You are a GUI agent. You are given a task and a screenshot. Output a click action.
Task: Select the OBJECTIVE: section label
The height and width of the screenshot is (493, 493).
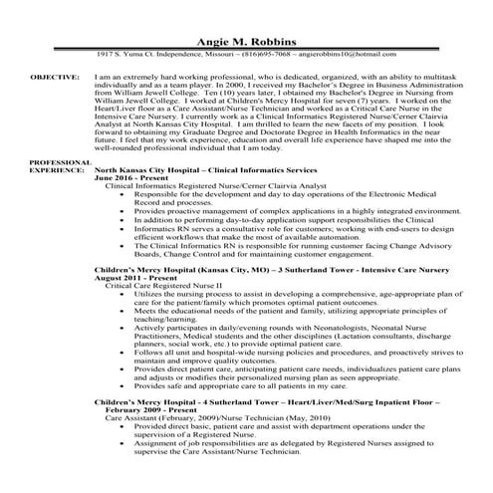coord(55,75)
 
